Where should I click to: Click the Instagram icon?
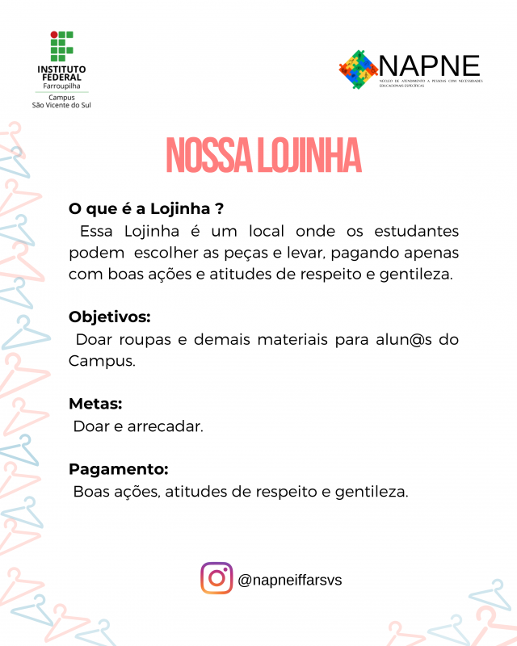[x=216, y=578]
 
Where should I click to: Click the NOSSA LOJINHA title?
[x=263, y=156]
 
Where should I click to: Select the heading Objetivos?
[x=110, y=316]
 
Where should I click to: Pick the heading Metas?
[x=95, y=403]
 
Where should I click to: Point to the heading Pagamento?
[x=119, y=468]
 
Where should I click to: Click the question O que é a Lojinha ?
[x=146, y=208]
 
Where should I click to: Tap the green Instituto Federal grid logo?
[x=62, y=47]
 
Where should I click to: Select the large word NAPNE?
[x=429, y=65]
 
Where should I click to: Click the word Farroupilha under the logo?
[x=62, y=86]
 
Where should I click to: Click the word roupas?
[x=149, y=339]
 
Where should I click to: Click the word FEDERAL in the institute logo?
[x=62, y=78]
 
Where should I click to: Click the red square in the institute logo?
[x=54, y=36]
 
